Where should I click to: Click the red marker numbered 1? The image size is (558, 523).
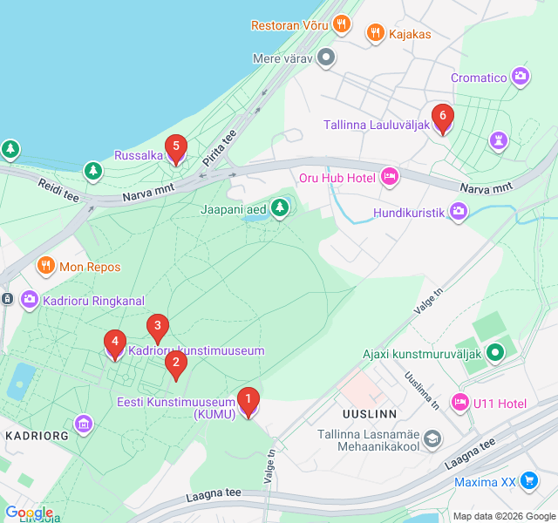click(x=248, y=401)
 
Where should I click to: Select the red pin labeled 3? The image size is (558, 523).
click(x=157, y=329)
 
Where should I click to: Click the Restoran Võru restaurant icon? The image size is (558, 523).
click(x=342, y=24)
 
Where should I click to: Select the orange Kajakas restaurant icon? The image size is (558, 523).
click(x=376, y=33)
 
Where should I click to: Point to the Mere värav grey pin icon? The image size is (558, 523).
click(x=327, y=58)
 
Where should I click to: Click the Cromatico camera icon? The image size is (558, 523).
click(x=521, y=77)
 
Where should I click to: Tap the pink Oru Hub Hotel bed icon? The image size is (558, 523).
click(x=390, y=177)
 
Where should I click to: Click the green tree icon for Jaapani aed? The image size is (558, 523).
click(x=279, y=208)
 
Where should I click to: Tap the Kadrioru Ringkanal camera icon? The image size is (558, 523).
click(x=30, y=300)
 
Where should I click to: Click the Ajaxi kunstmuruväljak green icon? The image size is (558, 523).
click(x=495, y=353)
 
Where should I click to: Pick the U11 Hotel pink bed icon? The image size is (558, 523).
click(x=459, y=403)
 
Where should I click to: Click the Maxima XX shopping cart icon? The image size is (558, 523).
click(x=528, y=481)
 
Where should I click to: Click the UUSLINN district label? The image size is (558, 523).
click(x=370, y=413)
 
